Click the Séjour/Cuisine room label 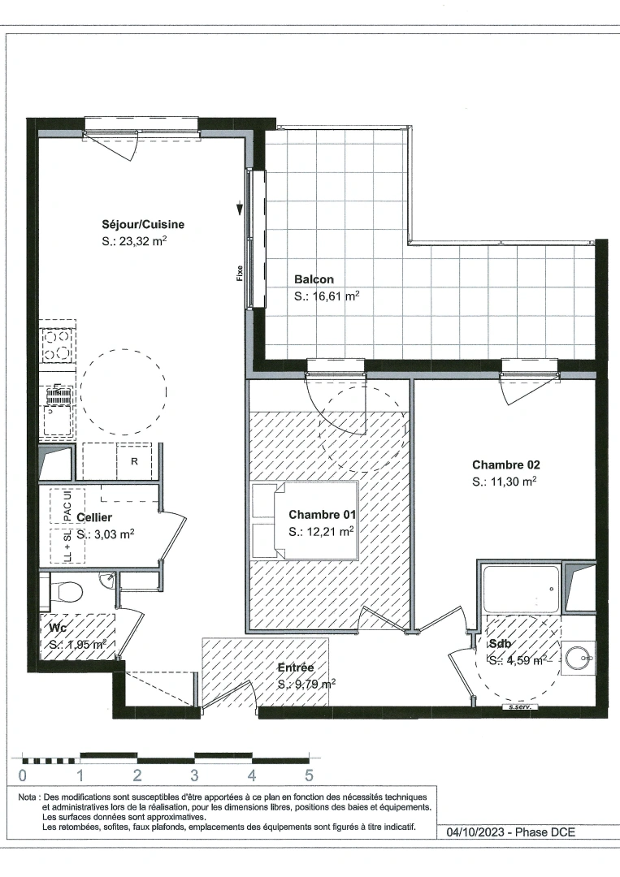(143, 225)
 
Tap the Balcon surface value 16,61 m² (327, 297)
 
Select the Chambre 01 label (323, 515)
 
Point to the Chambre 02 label (506, 465)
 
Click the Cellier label (94, 517)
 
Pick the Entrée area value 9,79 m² (306, 685)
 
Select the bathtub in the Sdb (521, 590)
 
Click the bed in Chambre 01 (305, 521)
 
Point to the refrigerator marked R (133, 462)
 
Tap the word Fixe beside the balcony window (240, 273)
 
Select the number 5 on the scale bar (309, 775)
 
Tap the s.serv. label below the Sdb (519, 707)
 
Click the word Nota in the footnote (27, 797)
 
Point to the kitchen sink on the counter (57, 422)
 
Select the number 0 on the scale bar (22, 775)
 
